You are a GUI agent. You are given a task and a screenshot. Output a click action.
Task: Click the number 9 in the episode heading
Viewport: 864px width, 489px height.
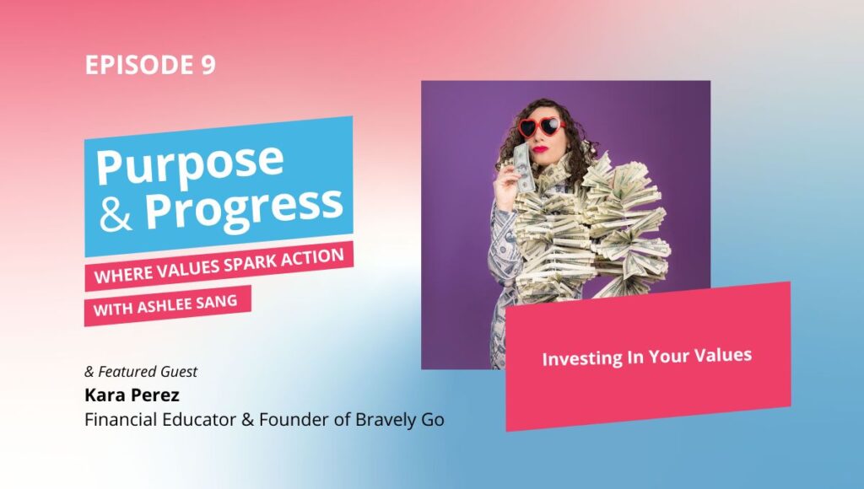tap(208, 64)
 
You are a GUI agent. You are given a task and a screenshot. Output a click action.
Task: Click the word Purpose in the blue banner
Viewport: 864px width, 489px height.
tap(190, 164)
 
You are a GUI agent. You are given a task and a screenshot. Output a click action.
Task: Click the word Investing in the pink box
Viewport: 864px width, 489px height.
tap(578, 359)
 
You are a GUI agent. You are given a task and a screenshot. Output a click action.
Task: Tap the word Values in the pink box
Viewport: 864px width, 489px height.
tap(722, 355)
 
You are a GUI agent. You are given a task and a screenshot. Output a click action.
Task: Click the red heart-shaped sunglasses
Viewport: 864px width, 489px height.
tap(542, 127)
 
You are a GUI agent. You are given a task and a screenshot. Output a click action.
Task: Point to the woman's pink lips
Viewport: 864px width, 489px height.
tap(540, 148)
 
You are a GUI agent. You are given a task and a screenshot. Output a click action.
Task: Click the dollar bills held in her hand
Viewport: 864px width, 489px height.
tap(521, 167)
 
